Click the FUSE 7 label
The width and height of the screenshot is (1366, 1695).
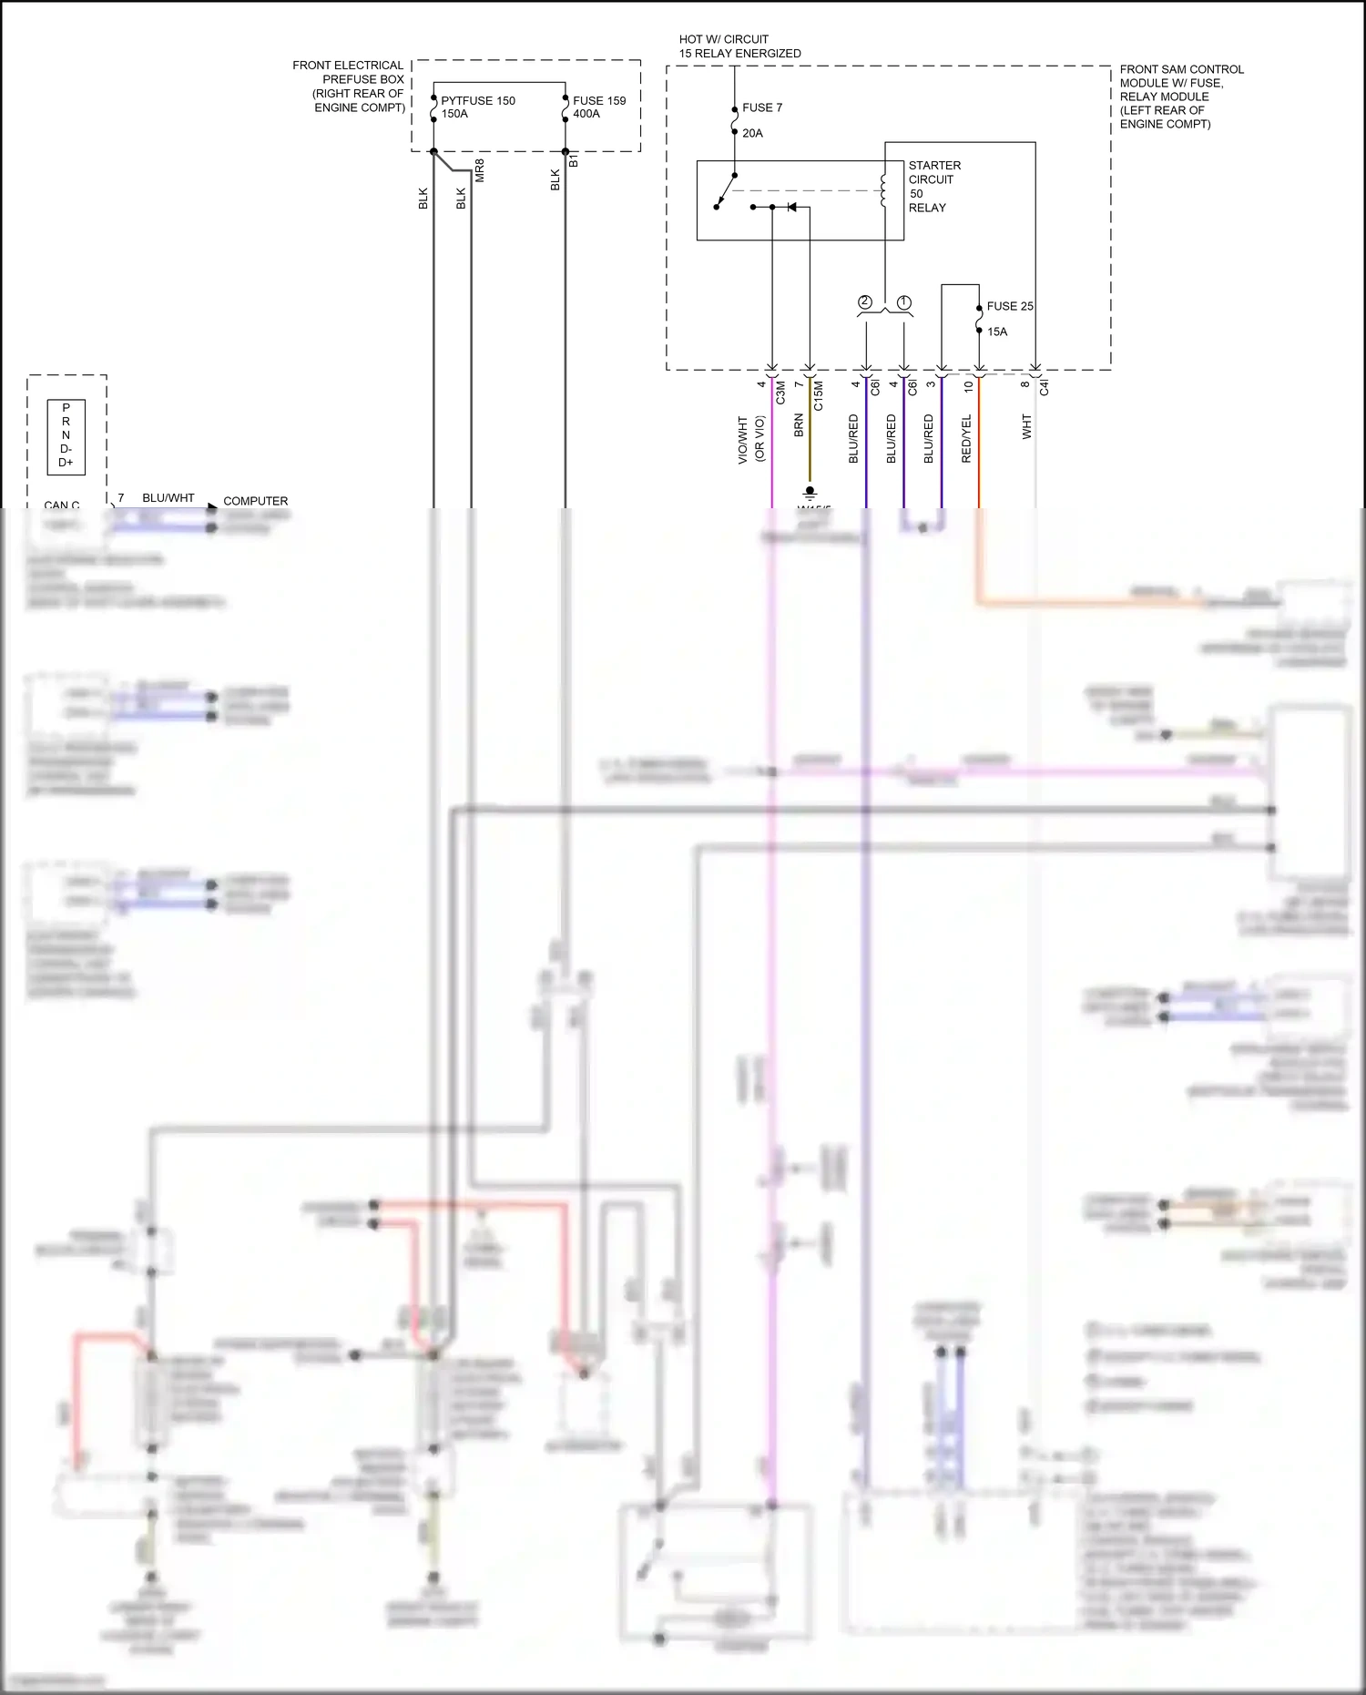[761, 107]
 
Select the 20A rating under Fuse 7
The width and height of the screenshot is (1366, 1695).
[752, 133]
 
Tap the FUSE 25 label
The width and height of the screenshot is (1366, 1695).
[1009, 306]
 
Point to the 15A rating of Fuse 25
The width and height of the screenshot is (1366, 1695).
[997, 332]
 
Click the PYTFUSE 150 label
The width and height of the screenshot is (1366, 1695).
[477, 101]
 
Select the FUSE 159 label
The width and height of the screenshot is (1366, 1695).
[598, 101]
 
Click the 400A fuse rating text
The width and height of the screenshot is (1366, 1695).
[586, 114]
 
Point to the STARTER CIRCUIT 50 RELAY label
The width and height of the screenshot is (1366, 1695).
[933, 187]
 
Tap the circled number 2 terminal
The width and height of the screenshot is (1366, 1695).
[865, 302]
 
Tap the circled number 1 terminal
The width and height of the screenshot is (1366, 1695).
[903, 302]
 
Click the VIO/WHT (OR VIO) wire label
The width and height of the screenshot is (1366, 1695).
[751, 440]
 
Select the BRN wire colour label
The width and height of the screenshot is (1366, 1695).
[799, 425]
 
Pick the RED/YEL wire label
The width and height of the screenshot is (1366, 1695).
[966, 438]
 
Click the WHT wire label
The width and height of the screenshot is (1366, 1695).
[1026, 426]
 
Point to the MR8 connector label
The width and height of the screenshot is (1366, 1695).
[480, 170]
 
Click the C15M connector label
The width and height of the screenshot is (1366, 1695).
[818, 395]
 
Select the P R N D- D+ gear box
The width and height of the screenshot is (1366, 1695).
[66, 436]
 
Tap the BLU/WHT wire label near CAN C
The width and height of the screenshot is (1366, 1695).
[168, 498]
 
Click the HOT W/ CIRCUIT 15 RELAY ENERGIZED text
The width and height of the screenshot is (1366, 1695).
[739, 46]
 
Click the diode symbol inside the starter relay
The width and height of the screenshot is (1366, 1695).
[791, 208]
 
